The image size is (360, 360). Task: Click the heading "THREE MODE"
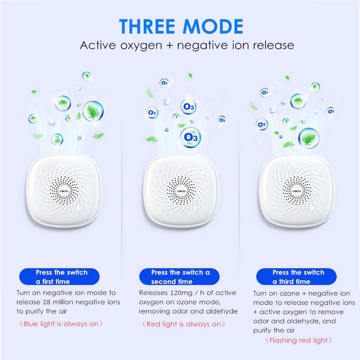click(181, 26)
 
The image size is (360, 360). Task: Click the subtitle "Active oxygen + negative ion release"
click(187, 45)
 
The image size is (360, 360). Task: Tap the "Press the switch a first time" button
click(59, 277)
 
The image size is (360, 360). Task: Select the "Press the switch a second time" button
click(180, 277)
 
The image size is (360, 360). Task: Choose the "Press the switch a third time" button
click(296, 277)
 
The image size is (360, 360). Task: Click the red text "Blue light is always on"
click(61, 324)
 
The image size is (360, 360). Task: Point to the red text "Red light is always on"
click(184, 324)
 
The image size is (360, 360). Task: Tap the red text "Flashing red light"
click(298, 340)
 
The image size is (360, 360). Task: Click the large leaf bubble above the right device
click(309, 138)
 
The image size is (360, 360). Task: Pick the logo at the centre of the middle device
click(181, 190)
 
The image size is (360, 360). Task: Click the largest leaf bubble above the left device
click(93, 111)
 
